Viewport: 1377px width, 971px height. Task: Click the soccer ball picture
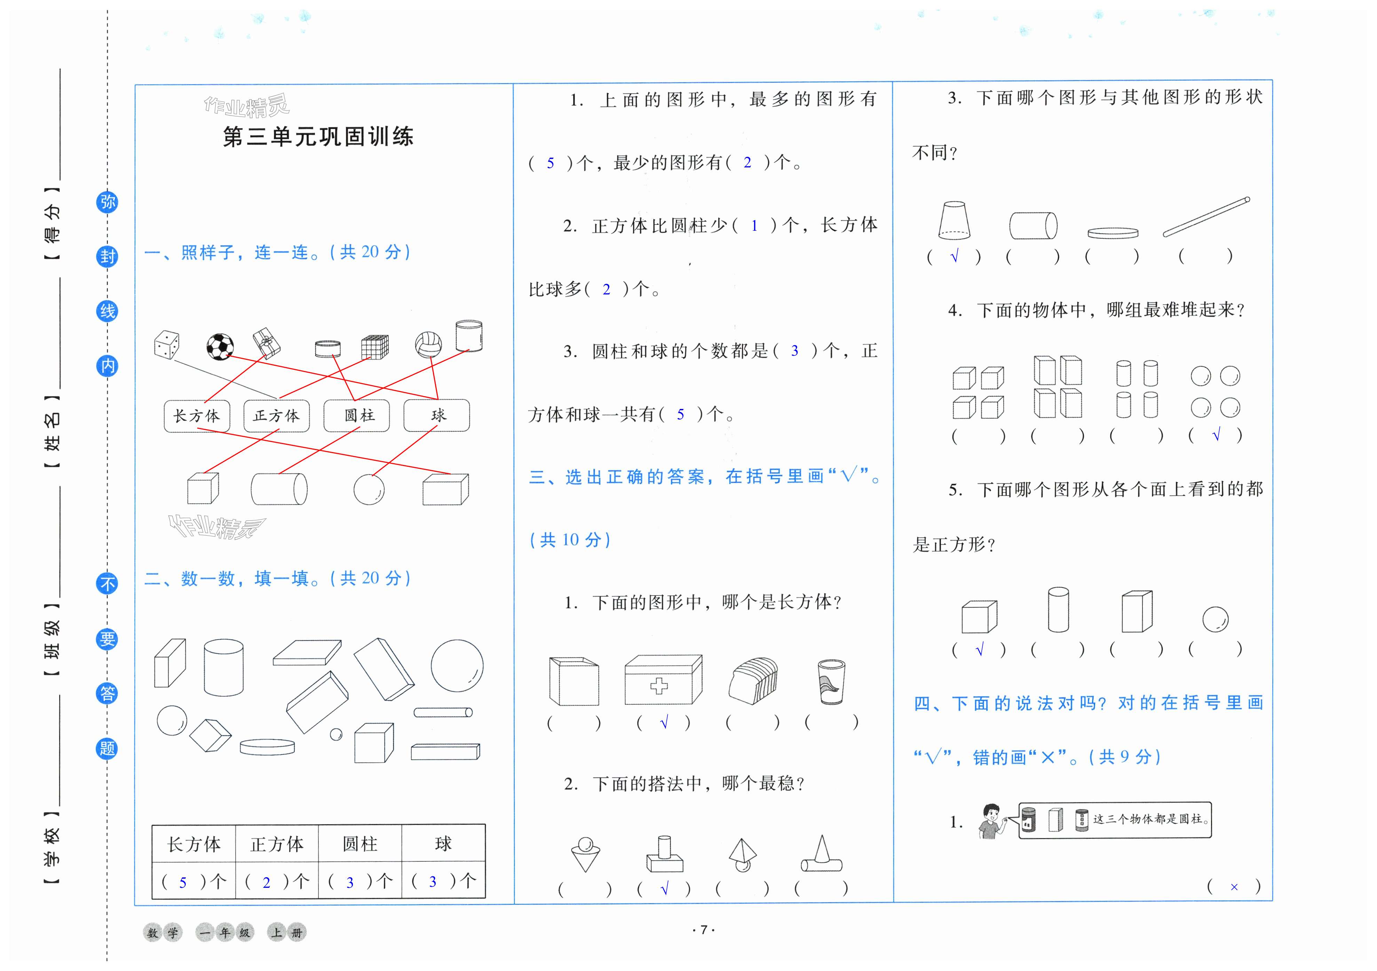pos(220,346)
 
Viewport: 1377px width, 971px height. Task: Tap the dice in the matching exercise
pos(166,344)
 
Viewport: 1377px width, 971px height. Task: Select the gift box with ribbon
pos(266,343)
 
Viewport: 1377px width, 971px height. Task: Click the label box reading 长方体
pos(197,416)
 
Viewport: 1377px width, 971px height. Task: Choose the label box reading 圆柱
pos(357,416)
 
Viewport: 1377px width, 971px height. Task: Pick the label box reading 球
pos(437,416)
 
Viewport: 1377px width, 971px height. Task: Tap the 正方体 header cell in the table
pos(277,844)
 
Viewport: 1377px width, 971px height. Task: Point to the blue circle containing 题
pos(107,749)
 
